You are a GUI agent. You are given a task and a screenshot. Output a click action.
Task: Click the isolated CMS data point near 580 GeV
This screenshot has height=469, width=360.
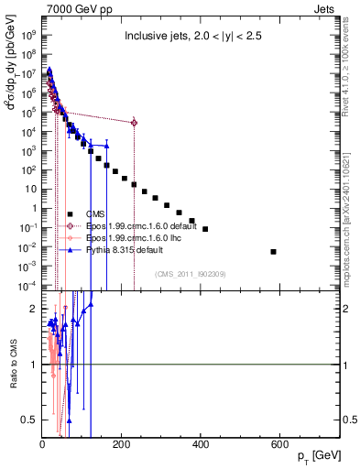click(x=274, y=251)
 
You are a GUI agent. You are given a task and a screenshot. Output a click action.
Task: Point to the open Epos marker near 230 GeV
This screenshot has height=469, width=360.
click(x=135, y=122)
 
